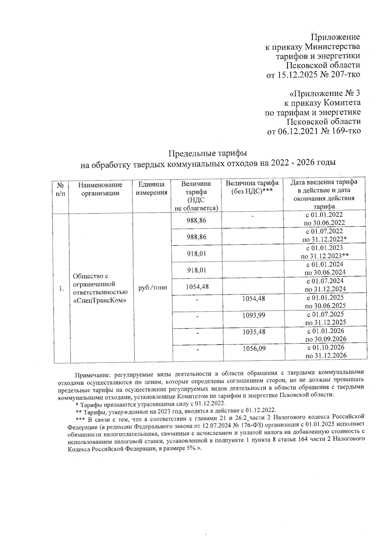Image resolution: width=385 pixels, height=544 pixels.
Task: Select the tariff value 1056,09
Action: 254,348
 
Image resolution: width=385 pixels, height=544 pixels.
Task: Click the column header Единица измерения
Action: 151,188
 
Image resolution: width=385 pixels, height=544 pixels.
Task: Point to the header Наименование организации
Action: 100,189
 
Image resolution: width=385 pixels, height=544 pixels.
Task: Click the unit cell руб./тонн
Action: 152,288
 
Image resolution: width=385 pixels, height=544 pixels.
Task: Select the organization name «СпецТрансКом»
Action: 99,301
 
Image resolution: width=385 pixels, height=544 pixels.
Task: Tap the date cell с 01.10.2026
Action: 326,347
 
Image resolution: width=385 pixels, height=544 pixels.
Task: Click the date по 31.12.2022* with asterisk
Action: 325,239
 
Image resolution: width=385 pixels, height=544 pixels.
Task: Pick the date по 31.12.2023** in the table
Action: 325,256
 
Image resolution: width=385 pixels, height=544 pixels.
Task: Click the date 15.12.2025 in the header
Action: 297,75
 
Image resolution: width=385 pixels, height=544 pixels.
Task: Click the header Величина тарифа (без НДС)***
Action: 252,187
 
